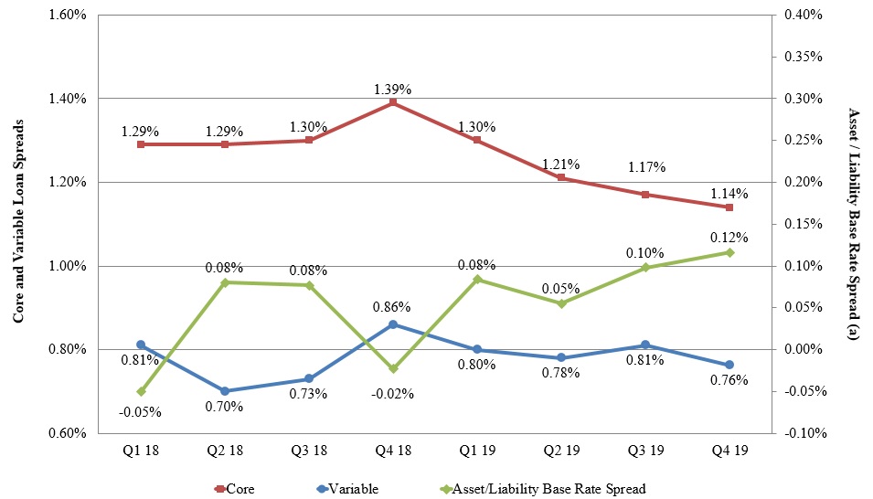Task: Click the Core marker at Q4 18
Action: pos(393,102)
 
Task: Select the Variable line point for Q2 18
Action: pos(225,391)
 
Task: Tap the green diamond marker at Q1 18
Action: pos(141,391)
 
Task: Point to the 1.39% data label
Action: pos(393,90)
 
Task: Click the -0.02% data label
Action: pos(393,394)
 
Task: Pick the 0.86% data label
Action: pos(393,307)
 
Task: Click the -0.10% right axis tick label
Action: pos(804,433)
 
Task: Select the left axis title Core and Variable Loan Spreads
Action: pos(17,224)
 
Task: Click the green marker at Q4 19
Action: pos(729,252)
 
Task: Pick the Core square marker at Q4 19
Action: pos(729,207)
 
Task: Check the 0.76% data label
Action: pos(729,380)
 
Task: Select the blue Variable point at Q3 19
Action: pos(645,345)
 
